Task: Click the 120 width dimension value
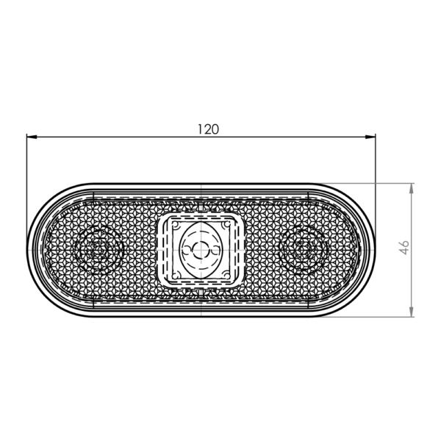pos(208,129)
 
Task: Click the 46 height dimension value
pos(404,248)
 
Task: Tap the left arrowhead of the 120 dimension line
pos(32,137)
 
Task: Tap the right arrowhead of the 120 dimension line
pos(370,137)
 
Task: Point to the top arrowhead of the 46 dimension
pos(412,188)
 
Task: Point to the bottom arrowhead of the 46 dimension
pos(412,312)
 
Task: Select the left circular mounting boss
pos(99,250)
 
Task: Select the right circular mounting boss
pos(303,250)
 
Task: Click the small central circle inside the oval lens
pos(201,250)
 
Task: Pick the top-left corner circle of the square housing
pos(176,225)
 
